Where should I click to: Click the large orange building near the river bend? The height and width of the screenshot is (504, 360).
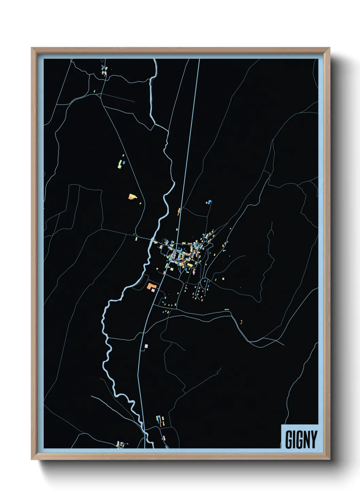point(151,286)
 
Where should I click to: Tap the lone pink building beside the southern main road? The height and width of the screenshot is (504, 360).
point(147,346)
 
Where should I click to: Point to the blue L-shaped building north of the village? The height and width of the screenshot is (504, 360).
point(209,202)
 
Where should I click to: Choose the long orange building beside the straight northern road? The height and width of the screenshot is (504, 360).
point(179,211)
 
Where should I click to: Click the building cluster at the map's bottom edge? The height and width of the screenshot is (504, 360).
point(120,444)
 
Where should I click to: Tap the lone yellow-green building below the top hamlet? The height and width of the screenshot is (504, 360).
point(95,91)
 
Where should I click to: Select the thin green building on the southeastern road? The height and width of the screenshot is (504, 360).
point(227,309)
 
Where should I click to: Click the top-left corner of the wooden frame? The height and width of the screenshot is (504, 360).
point(32,48)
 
